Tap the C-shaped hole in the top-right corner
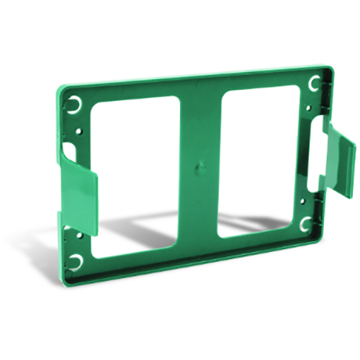coord(312,85)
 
